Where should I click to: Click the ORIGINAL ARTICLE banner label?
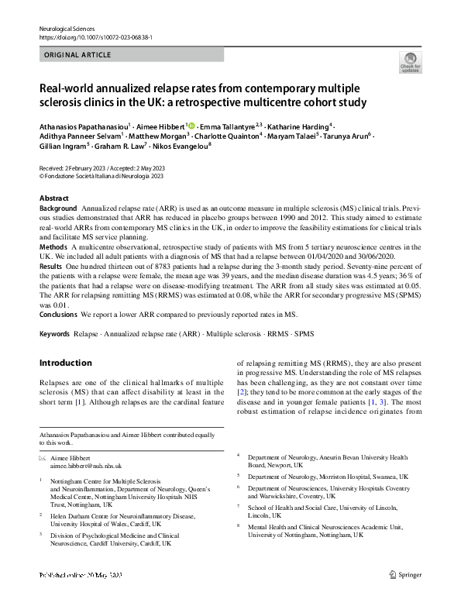[x=77, y=55]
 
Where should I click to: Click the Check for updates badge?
[x=410, y=62]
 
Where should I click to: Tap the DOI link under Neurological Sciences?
[x=95, y=37]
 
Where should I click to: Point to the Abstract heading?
[x=53, y=198]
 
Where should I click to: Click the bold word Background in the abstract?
[x=58, y=209]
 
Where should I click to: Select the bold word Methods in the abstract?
[x=53, y=246]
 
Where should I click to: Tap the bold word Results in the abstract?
[x=51, y=266]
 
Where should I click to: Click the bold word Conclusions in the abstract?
[x=58, y=315]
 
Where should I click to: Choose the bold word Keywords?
[x=55, y=334]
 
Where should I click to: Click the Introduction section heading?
[x=65, y=363]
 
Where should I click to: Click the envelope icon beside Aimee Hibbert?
[x=43, y=459]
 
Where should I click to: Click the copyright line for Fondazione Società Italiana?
[x=101, y=177]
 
